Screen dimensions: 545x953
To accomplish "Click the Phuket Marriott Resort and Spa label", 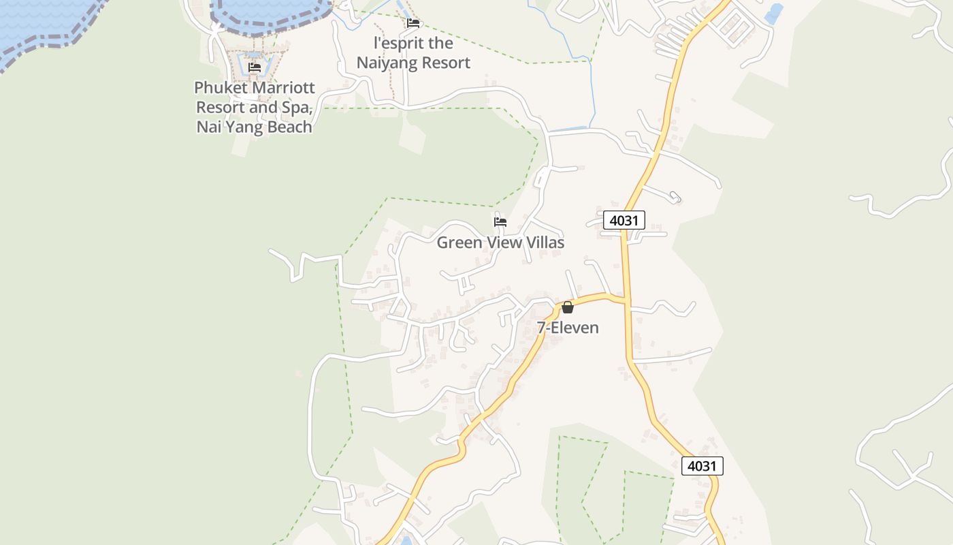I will point(255,108).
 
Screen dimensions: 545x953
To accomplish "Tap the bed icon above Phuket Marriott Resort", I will point(255,67).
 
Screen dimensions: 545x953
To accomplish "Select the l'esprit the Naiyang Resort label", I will point(413,53).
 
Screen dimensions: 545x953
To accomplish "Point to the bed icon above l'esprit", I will point(413,23).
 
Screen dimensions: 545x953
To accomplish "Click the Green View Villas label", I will point(500,243).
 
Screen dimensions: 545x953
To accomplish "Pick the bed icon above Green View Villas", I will point(500,221).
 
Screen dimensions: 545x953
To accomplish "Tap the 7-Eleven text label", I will point(568,328).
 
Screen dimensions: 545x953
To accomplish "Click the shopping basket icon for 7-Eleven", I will point(568,307).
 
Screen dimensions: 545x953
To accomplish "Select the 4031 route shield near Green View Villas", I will point(624,220).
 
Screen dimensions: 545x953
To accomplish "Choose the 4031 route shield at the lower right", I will point(702,466).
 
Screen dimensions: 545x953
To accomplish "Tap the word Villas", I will point(543,243).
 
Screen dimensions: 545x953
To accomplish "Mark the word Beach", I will point(288,127).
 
